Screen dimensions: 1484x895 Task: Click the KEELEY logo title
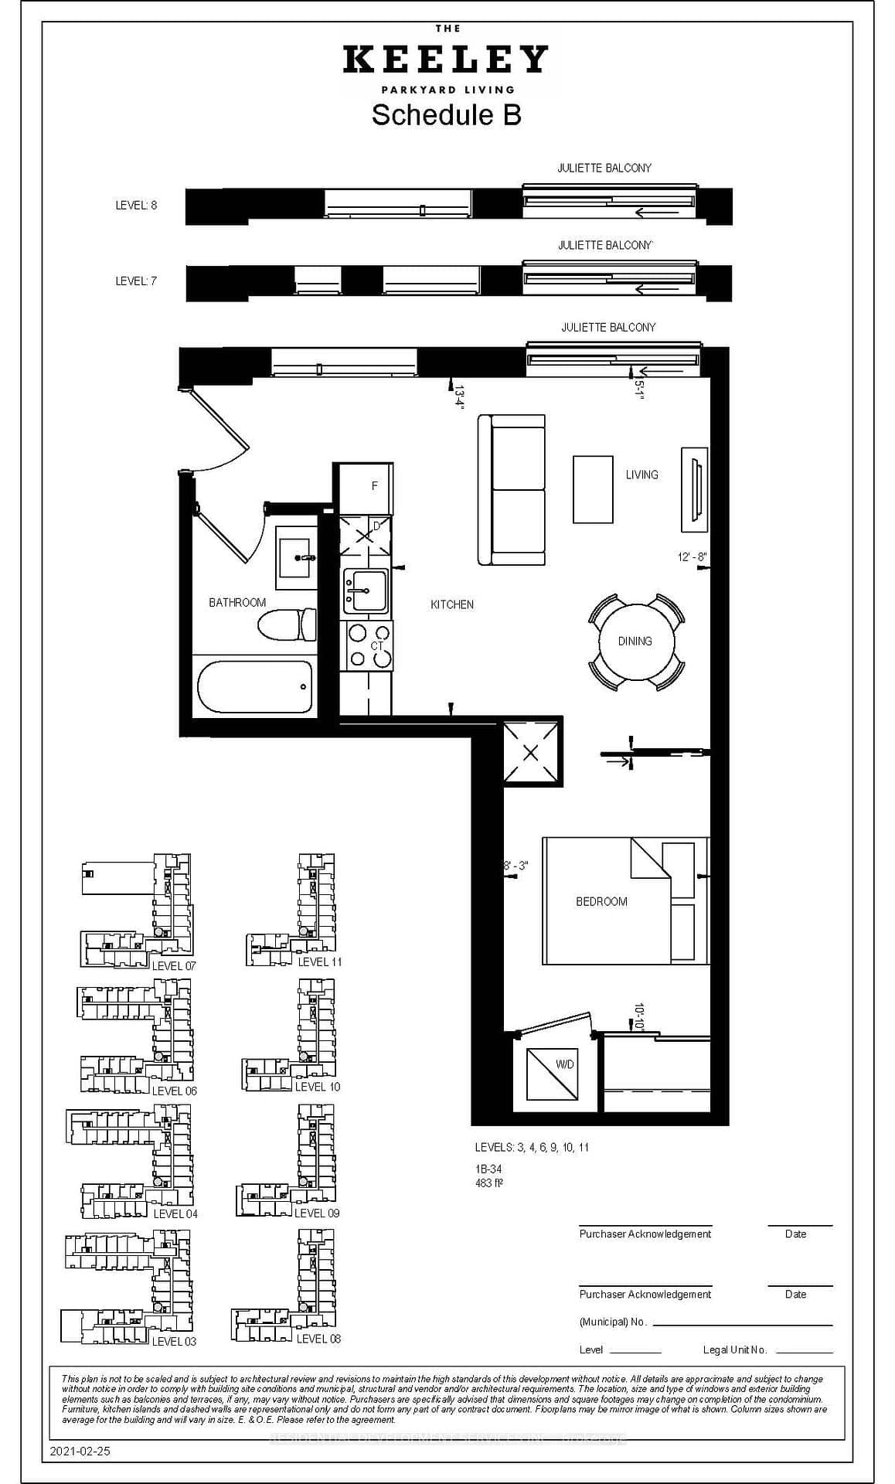[446, 60]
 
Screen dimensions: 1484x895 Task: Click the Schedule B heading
[446, 115]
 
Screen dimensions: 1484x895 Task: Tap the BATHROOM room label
[237, 603]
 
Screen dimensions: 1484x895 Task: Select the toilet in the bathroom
[287, 625]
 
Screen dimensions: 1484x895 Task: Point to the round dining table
[636, 642]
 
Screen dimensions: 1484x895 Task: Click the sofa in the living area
[512, 490]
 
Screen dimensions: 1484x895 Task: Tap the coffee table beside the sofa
[593, 489]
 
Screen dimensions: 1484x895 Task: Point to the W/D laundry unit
[552, 1074]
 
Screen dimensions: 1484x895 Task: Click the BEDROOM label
[601, 902]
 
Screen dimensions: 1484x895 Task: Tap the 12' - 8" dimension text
[692, 557]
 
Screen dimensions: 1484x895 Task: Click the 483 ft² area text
[490, 1183]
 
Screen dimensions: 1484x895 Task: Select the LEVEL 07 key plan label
[174, 966]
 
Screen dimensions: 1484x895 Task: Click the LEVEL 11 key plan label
[319, 962]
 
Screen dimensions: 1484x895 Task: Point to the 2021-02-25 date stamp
[80, 1452]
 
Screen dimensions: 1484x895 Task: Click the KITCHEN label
[452, 604]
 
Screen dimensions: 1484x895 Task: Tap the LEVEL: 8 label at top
[136, 206]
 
